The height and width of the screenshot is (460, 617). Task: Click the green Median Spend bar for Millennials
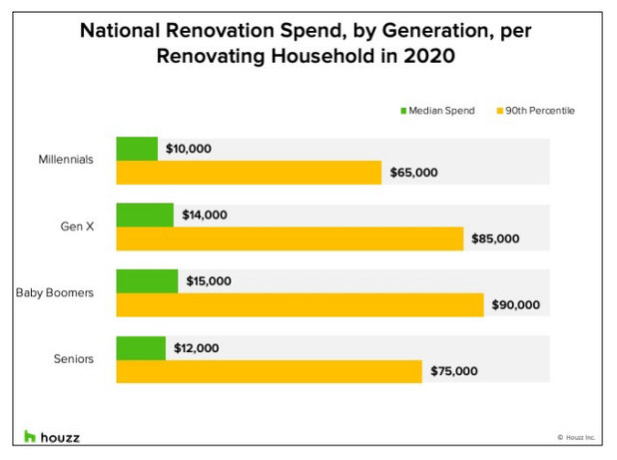pyautogui.click(x=137, y=149)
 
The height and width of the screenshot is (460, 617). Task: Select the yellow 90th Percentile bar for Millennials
pyautogui.click(x=249, y=173)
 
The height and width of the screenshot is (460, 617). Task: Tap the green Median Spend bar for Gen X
pyautogui.click(x=145, y=215)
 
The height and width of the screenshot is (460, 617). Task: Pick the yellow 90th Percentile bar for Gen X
pyautogui.click(x=290, y=238)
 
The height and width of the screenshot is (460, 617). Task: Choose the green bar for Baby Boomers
pyautogui.click(x=147, y=281)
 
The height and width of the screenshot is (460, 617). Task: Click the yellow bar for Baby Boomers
pyautogui.click(x=300, y=305)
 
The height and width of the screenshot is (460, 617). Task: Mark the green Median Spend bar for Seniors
pyautogui.click(x=141, y=348)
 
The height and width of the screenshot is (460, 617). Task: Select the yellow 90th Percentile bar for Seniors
pyautogui.click(x=269, y=371)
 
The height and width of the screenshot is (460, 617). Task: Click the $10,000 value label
pyautogui.click(x=190, y=149)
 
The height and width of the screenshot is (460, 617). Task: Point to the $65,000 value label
pyautogui.click(x=413, y=173)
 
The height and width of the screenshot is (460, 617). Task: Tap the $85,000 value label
pyautogui.click(x=495, y=238)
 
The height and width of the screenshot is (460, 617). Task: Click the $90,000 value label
pyautogui.click(x=515, y=305)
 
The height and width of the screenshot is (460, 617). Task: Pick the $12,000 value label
pyautogui.click(x=198, y=348)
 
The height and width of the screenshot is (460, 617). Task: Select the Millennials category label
pyautogui.click(x=67, y=160)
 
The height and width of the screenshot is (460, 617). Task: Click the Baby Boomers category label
pyautogui.click(x=55, y=293)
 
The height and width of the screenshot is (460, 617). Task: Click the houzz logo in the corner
pyautogui.click(x=52, y=437)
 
